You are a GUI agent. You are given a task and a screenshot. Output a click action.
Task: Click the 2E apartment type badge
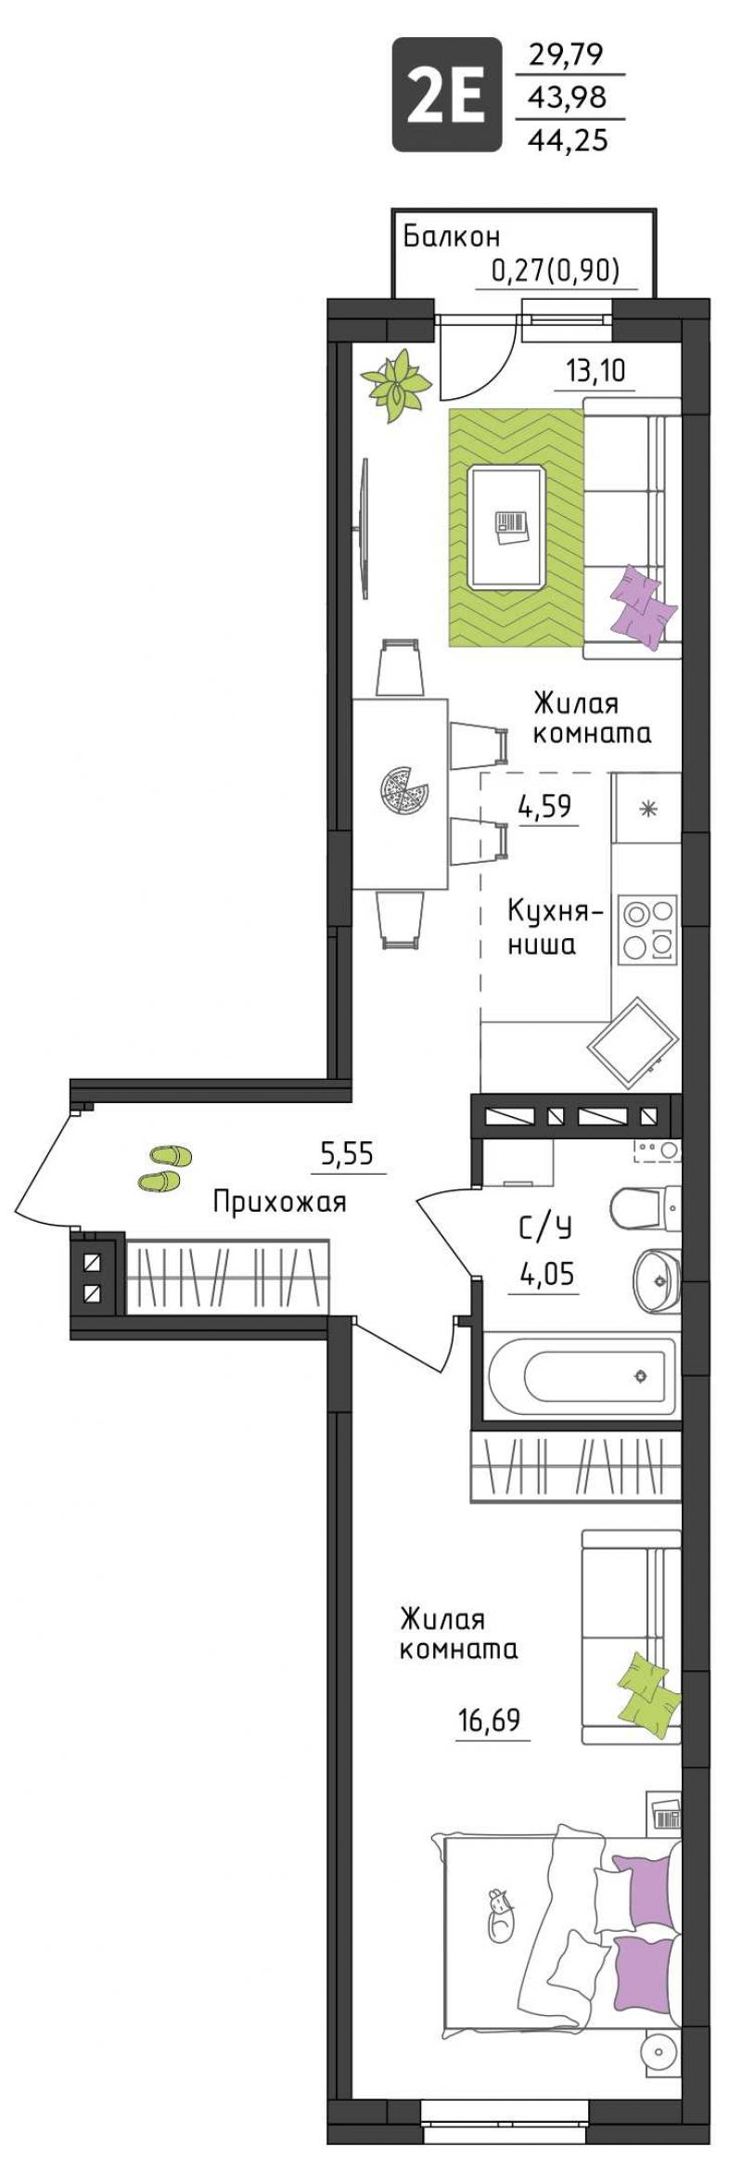[x=446, y=94]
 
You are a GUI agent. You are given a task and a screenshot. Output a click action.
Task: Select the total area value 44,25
[x=568, y=139]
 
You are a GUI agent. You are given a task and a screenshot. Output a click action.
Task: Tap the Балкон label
[x=451, y=238]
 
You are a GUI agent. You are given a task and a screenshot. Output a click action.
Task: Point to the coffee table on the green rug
[x=506, y=527]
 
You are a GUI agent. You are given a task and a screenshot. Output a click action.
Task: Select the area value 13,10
[x=596, y=371]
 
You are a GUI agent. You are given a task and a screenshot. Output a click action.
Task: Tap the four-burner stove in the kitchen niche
[x=647, y=928]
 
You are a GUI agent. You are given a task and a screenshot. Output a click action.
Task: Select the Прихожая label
[x=279, y=1202]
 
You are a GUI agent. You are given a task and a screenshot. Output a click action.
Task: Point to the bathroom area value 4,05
[x=547, y=1275]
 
